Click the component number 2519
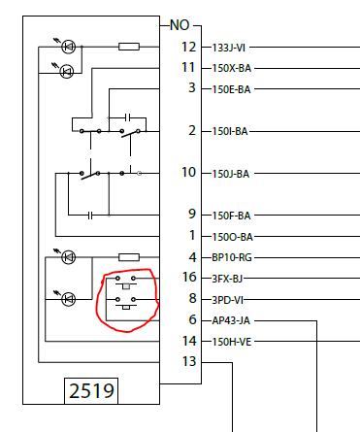click(91, 391)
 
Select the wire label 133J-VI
click(229, 48)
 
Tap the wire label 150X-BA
click(232, 68)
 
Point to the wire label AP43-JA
click(231, 320)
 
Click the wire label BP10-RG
click(232, 257)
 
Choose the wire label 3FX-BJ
click(227, 279)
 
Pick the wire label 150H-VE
click(232, 342)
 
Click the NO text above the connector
click(180, 25)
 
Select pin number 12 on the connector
click(188, 47)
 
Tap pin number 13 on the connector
click(189, 361)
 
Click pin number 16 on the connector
click(189, 277)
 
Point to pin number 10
click(188, 172)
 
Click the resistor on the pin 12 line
click(129, 47)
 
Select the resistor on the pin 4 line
click(129, 257)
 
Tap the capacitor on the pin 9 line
click(90, 216)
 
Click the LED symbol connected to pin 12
click(69, 47)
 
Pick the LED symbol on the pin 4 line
click(69, 257)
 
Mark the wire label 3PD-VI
click(227, 300)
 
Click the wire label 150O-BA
click(232, 237)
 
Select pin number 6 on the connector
click(193, 319)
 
